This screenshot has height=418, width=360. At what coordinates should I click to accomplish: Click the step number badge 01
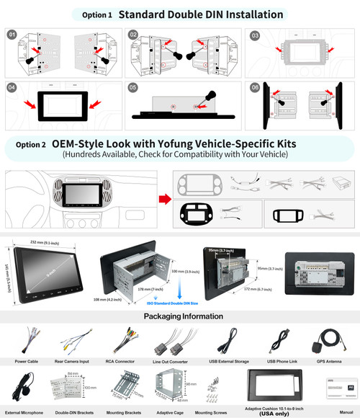[x=11, y=34]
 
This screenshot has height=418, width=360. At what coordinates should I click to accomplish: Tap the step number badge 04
[x=11, y=87]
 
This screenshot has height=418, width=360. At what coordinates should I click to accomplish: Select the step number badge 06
[x=254, y=87]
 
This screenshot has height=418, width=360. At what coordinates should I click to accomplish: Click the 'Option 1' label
[x=96, y=14]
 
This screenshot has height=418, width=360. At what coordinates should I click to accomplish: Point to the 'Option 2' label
[x=30, y=144]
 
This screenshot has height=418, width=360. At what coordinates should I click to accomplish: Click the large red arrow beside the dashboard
[x=164, y=198]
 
